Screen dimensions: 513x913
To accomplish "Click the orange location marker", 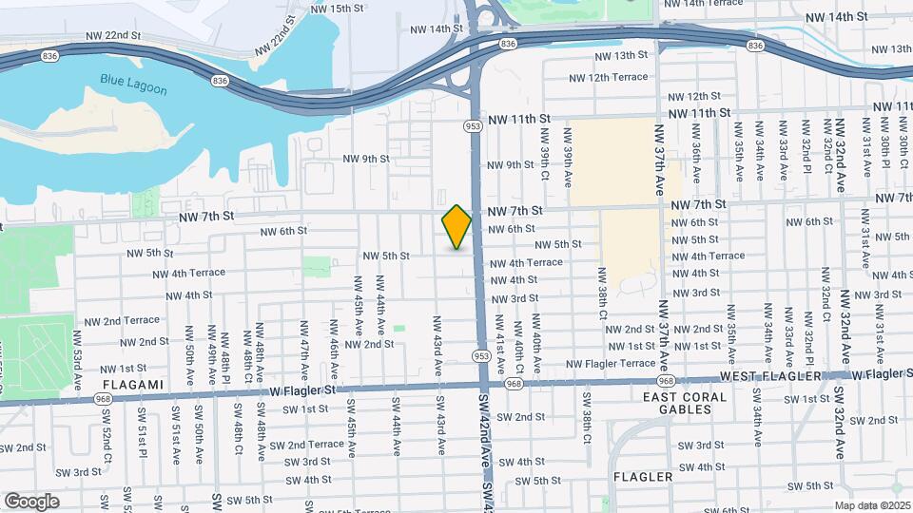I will point(456,226).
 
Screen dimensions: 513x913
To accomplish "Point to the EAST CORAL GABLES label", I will point(690,403).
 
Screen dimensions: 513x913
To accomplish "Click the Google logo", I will point(31,501).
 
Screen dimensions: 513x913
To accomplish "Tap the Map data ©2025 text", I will point(872,505).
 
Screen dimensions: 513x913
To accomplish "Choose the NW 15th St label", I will point(338,9).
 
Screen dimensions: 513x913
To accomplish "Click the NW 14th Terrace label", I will point(704,4).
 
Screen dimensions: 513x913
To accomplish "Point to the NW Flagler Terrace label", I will point(612,364).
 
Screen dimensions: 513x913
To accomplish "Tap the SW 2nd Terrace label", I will point(306,445).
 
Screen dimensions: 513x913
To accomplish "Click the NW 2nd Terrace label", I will point(121,321).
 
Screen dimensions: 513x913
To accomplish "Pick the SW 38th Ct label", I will point(588,422).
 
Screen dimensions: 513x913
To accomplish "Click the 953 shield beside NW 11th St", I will point(473,124).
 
